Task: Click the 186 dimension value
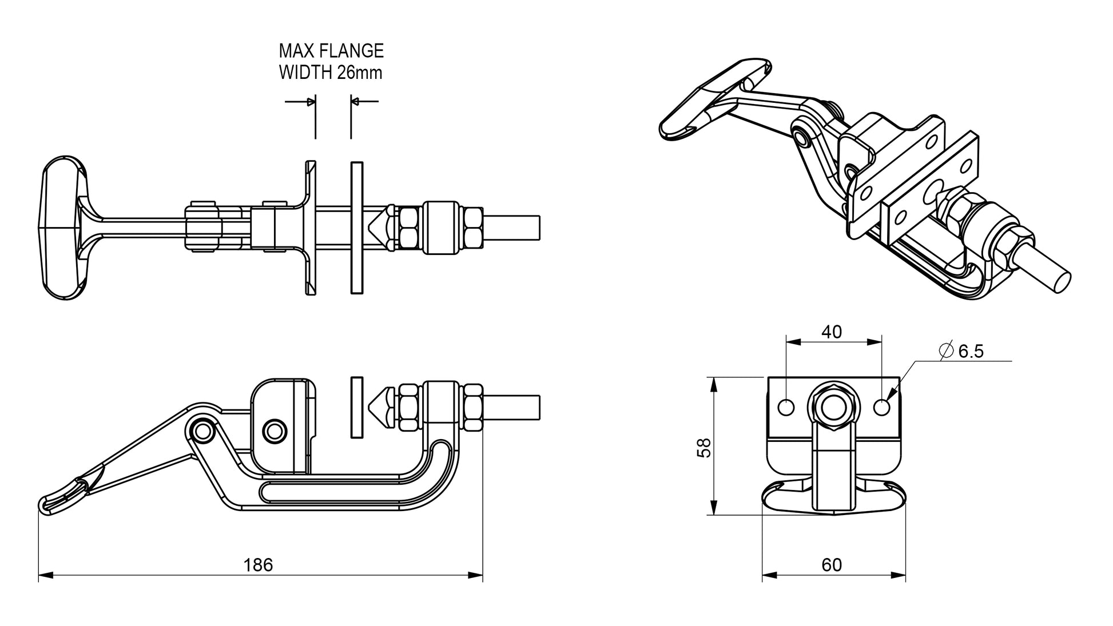258,565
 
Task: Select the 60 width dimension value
832,565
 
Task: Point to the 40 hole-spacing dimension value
832,332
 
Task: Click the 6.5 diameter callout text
971,352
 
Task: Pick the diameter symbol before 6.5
946,350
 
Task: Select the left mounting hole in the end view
786,407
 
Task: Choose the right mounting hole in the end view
882,407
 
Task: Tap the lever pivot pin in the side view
201,432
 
